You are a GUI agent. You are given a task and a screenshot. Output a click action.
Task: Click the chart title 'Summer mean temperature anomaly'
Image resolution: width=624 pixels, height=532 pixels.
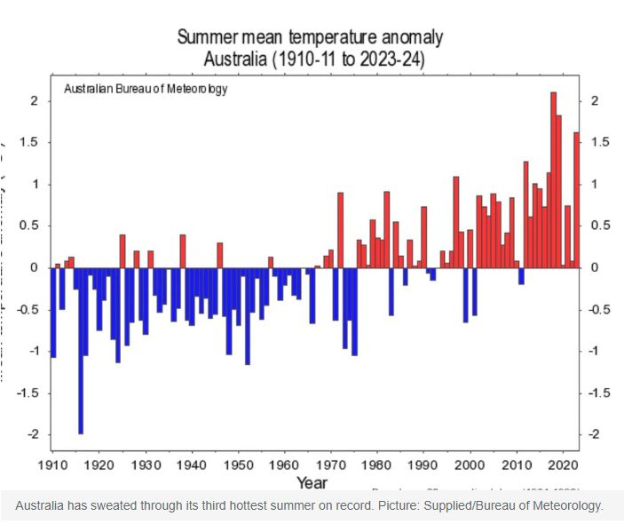pyautogui.click(x=310, y=38)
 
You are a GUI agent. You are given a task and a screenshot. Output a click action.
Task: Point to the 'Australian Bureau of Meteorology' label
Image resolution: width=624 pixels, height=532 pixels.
pyautogui.click(x=146, y=90)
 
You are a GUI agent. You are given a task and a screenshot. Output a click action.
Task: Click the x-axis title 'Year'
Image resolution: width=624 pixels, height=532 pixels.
pyautogui.click(x=312, y=483)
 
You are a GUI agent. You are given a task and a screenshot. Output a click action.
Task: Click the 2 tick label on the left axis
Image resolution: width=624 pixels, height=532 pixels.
pyautogui.click(x=34, y=100)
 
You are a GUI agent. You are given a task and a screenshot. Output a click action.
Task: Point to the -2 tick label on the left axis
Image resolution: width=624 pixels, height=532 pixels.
pyautogui.click(x=31, y=434)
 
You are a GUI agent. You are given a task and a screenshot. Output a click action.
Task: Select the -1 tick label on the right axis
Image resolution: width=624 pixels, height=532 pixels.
pyautogui.click(x=596, y=351)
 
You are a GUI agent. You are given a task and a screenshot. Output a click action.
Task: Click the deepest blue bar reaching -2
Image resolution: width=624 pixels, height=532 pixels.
pyautogui.click(x=80, y=351)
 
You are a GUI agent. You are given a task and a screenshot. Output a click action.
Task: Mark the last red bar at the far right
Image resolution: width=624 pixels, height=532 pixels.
pyautogui.click(x=576, y=200)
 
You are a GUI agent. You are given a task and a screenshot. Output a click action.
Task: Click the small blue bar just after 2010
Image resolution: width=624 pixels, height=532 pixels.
pyautogui.click(x=521, y=276)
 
